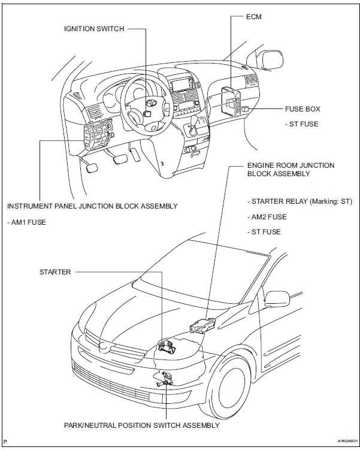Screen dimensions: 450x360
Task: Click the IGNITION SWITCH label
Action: click(94, 28)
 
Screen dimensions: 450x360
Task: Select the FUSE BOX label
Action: click(302, 110)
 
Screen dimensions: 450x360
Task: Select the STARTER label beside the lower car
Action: click(55, 272)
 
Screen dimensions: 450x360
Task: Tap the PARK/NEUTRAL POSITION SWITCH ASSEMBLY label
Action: click(141, 425)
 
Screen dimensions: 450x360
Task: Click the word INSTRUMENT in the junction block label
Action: click(29, 206)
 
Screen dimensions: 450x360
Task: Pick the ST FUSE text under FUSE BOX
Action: click(302, 124)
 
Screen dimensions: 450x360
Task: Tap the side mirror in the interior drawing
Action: click(271, 59)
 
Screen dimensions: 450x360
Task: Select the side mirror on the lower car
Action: click(276, 298)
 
